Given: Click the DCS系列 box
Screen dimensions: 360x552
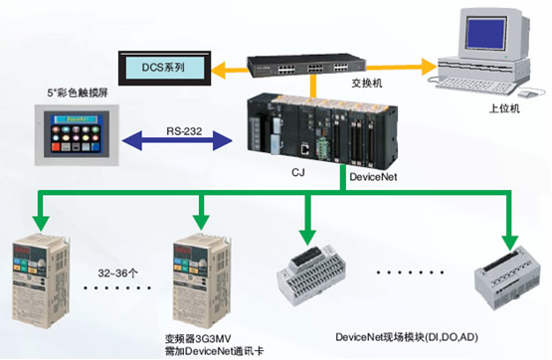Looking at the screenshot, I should coord(163,67).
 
